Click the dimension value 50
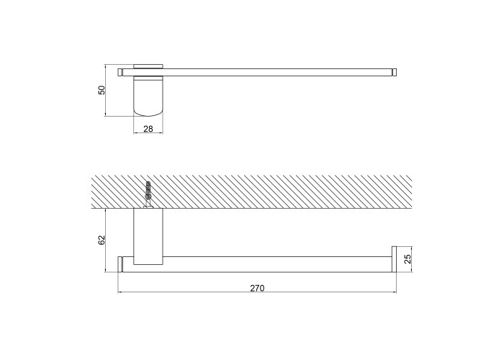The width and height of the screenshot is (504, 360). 102,90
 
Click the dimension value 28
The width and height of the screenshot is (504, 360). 148,129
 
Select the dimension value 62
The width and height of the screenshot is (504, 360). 102,240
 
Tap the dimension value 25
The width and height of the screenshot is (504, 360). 408,259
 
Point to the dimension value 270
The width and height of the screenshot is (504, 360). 257,288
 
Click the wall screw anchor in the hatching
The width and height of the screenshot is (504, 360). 148,195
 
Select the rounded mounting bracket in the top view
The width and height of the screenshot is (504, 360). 148,96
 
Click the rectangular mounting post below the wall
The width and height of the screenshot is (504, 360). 148,237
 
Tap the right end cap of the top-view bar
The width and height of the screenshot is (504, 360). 395,72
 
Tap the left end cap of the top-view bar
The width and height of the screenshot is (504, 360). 120,72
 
